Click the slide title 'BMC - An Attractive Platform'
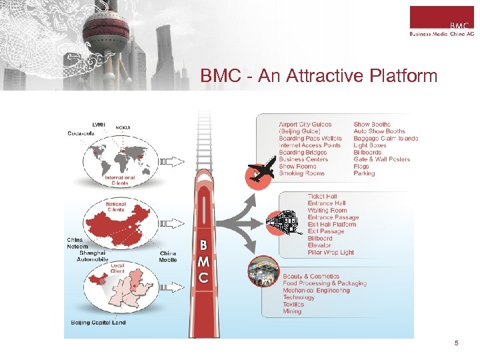click(x=319, y=76)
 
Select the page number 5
click(x=456, y=343)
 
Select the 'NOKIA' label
click(x=123, y=127)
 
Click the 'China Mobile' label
click(x=168, y=256)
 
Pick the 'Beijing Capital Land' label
click(x=99, y=323)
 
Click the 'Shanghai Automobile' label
click(x=91, y=256)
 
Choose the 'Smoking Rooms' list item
click(x=301, y=173)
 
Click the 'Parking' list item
click(x=364, y=173)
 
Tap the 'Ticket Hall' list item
click(x=322, y=197)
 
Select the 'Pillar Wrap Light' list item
click(x=331, y=253)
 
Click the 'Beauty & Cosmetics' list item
click(x=311, y=276)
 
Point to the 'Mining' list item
click(x=292, y=311)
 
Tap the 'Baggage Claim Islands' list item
click(x=386, y=138)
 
